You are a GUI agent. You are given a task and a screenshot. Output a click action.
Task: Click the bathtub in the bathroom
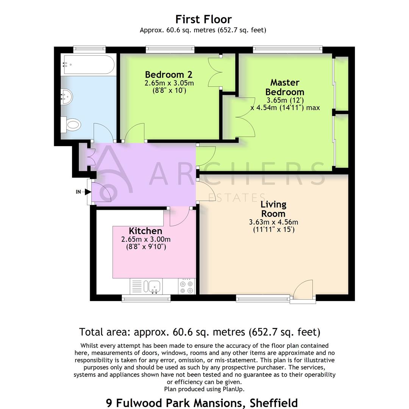[x=88, y=65]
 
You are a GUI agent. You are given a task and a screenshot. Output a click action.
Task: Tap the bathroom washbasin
[x=67, y=97]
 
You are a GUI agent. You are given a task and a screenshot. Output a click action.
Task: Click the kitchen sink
[x=154, y=286]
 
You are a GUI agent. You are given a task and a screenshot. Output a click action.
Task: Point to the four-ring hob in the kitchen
[x=187, y=287]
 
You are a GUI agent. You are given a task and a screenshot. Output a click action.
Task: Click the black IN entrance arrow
[x=88, y=192]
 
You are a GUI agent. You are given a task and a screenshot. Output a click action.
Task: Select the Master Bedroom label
[x=285, y=87]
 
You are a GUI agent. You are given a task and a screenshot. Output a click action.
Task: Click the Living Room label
[x=273, y=209]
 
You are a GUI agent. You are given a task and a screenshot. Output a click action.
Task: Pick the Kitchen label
[x=145, y=231]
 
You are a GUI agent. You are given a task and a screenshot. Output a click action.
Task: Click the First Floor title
[x=203, y=19]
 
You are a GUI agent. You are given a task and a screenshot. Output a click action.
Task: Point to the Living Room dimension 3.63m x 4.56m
[x=273, y=222]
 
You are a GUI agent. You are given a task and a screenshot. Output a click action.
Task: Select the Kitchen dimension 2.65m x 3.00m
[x=146, y=239]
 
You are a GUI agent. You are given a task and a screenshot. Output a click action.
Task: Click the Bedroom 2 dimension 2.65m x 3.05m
[x=169, y=83]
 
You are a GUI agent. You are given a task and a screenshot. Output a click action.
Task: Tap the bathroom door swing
[x=103, y=133]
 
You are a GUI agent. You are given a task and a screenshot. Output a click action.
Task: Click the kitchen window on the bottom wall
[x=146, y=298]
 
